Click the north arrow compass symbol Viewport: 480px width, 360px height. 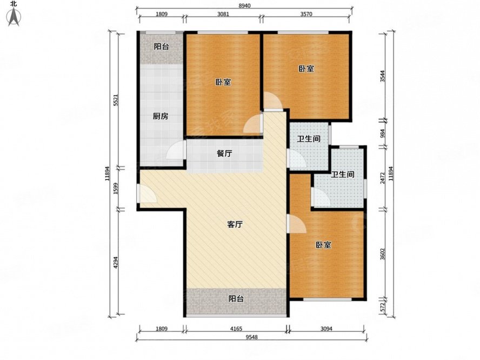14,15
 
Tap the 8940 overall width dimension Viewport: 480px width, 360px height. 244,5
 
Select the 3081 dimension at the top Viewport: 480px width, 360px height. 223,14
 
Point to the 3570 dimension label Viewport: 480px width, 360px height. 306,14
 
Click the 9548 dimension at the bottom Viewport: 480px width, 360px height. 252,337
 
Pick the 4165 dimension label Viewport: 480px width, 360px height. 236,329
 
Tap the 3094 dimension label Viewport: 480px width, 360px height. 326,329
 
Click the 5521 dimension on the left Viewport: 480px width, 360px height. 116,100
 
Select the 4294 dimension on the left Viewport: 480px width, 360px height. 116,262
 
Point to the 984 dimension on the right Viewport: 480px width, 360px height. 382,134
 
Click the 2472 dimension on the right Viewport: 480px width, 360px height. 382,178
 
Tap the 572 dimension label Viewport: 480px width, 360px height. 382,308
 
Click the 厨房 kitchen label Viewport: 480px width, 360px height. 161,116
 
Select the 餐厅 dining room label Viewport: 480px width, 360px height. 224,154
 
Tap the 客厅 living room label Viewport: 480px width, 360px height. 235,224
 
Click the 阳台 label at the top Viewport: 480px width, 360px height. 161,46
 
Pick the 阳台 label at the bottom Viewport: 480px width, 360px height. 236,298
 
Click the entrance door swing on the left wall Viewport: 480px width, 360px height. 148,194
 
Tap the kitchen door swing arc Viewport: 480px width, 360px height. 176,150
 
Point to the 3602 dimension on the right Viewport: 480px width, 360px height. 382,254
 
